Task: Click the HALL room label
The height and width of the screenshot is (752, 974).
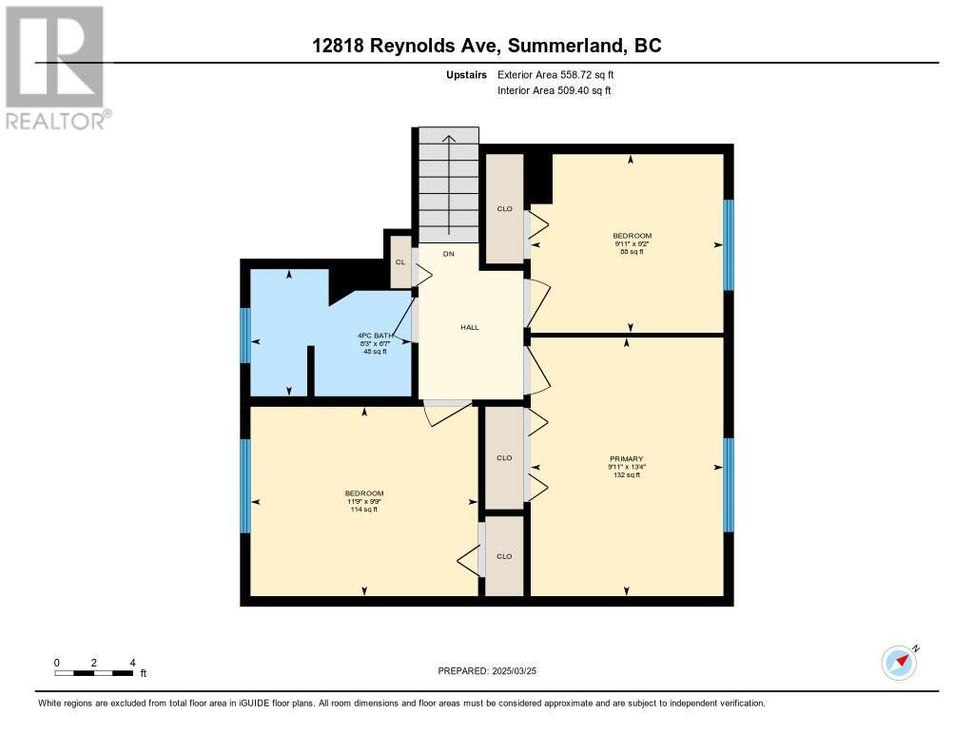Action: [x=470, y=327]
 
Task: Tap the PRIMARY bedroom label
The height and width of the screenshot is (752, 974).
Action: [x=627, y=458]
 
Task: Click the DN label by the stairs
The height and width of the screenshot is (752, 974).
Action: [x=449, y=254]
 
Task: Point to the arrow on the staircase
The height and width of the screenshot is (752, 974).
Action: [x=449, y=181]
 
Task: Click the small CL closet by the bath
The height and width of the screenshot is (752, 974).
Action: [x=400, y=262]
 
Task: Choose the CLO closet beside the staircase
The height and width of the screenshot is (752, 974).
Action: [x=505, y=209]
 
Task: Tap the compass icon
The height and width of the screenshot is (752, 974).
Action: [x=899, y=663]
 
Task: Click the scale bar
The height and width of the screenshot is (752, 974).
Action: [x=93, y=673]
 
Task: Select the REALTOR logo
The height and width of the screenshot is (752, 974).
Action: [x=56, y=67]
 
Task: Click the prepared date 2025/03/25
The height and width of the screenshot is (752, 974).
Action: [x=494, y=671]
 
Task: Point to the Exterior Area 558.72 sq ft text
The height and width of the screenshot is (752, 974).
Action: [x=562, y=74]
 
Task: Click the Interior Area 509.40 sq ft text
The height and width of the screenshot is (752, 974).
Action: [x=554, y=91]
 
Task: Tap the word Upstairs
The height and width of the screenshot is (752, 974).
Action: [x=468, y=74]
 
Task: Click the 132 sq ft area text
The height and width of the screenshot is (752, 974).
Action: [x=627, y=475]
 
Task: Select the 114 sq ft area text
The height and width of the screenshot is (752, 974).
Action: [x=364, y=510]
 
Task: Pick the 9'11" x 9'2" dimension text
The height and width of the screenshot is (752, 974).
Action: [x=633, y=243]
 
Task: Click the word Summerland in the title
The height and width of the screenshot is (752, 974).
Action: [x=564, y=46]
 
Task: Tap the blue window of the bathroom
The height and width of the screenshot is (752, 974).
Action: [x=245, y=336]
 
